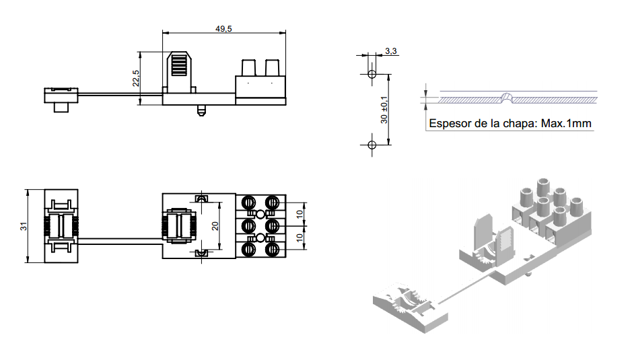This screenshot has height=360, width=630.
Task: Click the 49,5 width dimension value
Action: click(x=223, y=28)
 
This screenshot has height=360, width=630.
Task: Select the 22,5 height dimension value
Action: click(x=136, y=78)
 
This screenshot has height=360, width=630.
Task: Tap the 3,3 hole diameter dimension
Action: click(x=391, y=51)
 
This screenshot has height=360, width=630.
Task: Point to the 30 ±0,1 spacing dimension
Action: click(x=384, y=109)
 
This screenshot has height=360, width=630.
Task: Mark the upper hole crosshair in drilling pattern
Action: click(x=371, y=74)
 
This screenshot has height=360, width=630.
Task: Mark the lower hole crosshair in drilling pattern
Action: click(x=371, y=144)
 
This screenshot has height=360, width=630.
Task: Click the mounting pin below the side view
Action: click(x=200, y=110)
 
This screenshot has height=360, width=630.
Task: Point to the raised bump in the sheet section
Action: click(x=508, y=96)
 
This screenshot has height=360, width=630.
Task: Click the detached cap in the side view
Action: click(x=61, y=98)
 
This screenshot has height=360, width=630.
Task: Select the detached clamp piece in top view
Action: click(x=61, y=226)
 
